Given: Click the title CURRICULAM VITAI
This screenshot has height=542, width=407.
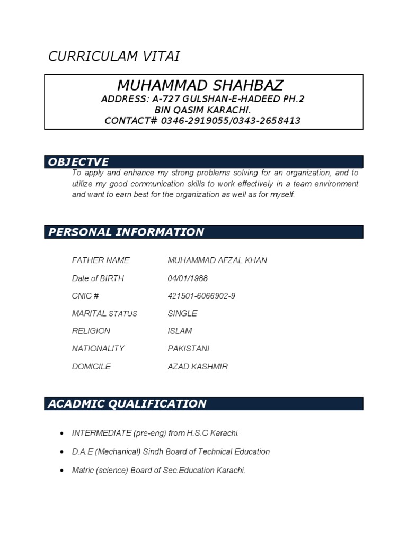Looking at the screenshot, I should point(114,57).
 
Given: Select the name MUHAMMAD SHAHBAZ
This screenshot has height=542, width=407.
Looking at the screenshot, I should point(200,85).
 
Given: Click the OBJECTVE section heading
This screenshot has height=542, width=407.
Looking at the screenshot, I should point(78,162).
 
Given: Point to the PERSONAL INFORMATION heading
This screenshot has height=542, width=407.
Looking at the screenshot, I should point(126,232).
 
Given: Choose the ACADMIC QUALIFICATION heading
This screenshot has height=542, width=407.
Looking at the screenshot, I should point(127,404).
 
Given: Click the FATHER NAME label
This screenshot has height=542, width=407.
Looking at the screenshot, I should point(101,260).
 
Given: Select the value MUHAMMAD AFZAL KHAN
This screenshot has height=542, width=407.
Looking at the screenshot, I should point(217,260).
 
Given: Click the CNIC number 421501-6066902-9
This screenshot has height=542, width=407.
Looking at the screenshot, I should point(201,296).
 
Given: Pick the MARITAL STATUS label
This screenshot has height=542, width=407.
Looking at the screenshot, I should point(104,313).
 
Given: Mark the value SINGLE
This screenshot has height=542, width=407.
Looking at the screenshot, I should point(182,313).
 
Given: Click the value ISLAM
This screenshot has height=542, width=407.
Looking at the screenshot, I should point(180,331).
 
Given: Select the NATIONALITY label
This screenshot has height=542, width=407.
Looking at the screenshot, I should point(98,348).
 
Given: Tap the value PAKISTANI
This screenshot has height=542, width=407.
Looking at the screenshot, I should point(189,348).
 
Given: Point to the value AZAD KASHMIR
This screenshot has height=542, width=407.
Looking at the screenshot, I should point(198,366).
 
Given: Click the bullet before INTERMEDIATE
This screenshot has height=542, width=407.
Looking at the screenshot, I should point(61,433).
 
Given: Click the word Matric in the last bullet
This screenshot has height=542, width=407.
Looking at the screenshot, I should point(83,470).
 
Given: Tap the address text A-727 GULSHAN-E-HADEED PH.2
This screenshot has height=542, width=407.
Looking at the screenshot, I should point(228,100).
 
